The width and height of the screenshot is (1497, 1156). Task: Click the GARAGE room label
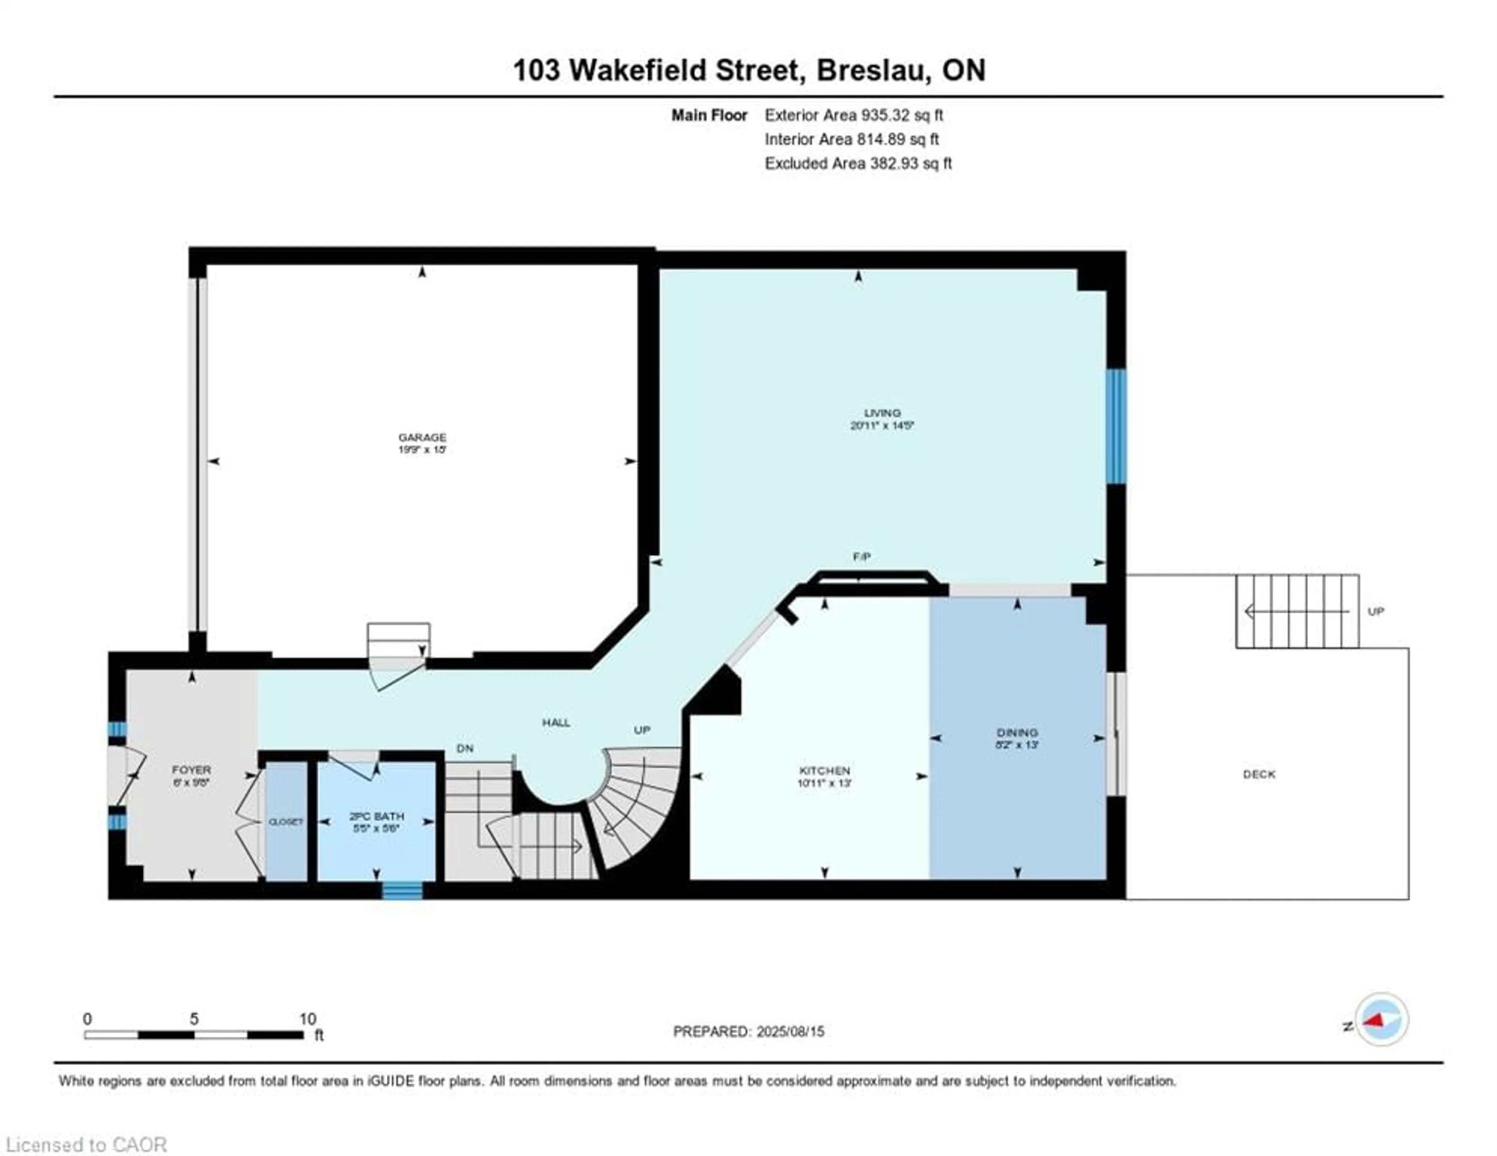coord(422,437)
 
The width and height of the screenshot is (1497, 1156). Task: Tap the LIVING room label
coord(882,413)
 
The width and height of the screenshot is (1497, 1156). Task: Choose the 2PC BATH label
coord(376,816)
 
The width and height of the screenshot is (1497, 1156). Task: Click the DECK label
coord(1259,774)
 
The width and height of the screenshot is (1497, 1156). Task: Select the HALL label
coord(556,722)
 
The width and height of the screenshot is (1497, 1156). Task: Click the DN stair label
coord(465,748)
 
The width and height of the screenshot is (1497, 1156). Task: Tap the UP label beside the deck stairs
coord(1376,611)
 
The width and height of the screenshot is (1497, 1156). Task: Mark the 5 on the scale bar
coord(194,1019)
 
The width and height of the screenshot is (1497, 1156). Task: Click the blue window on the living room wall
coord(1116,426)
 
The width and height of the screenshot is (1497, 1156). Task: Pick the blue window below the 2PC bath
coord(402,891)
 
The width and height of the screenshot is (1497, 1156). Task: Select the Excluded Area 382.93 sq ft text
coord(858,163)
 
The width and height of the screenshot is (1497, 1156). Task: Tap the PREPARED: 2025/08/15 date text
coord(748,1031)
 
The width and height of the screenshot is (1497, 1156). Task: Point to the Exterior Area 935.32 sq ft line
coord(853,115)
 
